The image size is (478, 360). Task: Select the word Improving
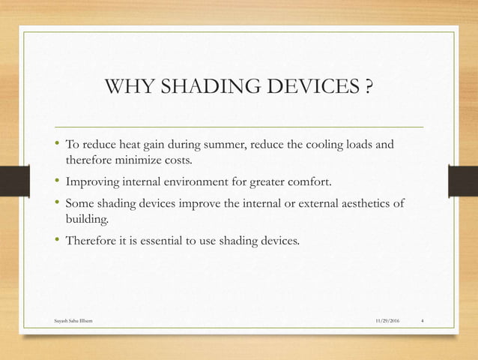(x=93, y=181)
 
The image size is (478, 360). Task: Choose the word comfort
(x=319, y=181)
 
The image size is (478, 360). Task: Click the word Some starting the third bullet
(x=80, y=202)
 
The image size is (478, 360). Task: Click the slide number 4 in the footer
(x=423, y=321)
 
